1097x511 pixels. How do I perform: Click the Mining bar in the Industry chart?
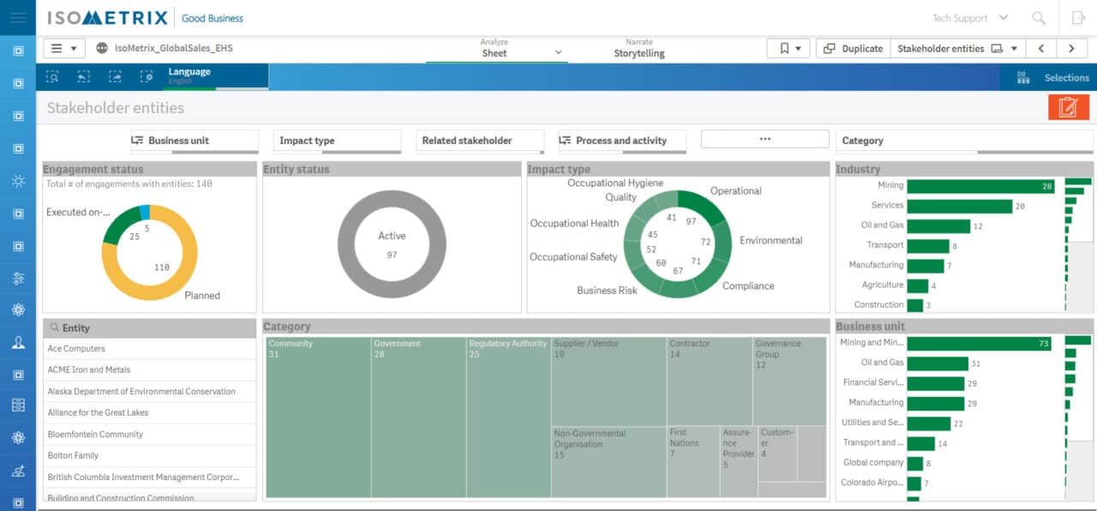[980, 186]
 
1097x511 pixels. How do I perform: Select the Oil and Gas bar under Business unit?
[938, 364]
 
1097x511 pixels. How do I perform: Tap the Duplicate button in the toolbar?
[853, 49]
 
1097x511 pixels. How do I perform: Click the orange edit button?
[1067, 107]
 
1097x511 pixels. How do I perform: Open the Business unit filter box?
[194, 141]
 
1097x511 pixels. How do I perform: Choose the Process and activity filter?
[623, 141]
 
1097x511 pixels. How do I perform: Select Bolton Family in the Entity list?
[73, 455]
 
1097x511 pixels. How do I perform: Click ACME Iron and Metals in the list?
[89, 370]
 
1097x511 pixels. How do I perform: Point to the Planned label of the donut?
[202, 296]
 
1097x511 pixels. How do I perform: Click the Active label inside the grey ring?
[392, 236]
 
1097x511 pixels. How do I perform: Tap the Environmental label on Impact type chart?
[770, 241]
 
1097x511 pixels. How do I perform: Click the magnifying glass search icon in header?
[1039, 18]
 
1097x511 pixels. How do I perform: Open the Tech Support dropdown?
[969, 18]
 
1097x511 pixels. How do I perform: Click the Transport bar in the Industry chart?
[927, 246]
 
